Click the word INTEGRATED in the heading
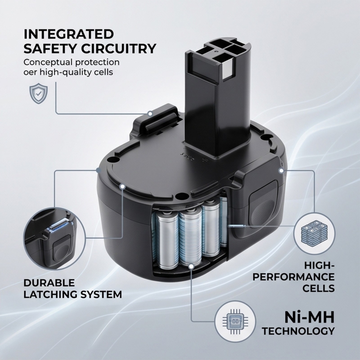coord(69,34)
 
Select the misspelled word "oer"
coord(31,72)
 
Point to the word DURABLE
coord(49,283)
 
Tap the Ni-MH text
coord(309,318)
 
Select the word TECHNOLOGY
coord(298,331)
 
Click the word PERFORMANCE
coord(294,277)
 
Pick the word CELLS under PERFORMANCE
coord(318,288)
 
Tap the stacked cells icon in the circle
coord(314,233)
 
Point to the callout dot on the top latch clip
coord(150,113)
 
